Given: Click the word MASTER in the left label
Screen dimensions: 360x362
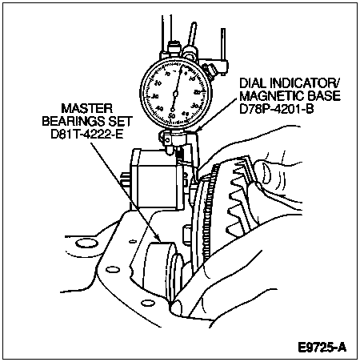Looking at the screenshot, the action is coord(87,109).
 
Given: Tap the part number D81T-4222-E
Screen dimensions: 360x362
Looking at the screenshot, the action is coord(87,134).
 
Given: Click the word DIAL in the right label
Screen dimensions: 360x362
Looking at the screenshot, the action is coord(253,83).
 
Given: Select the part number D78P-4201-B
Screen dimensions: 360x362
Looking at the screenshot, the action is coord(276,109).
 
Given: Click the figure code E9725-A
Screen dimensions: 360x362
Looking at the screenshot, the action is coord(322,348).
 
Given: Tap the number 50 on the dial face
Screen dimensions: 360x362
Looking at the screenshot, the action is coord(172,116).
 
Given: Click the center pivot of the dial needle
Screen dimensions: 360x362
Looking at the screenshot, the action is coord(175,93).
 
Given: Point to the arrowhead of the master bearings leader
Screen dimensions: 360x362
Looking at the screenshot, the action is coord(159,240).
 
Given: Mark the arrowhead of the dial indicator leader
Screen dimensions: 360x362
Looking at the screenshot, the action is coord(197,130).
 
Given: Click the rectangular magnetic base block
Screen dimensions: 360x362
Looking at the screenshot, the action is coord(157,179).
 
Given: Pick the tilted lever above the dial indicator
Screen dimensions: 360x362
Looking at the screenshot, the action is coord(192,34).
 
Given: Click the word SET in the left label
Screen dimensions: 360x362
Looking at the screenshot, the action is coord(120,122).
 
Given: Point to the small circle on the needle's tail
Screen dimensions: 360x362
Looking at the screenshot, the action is coord(173,110).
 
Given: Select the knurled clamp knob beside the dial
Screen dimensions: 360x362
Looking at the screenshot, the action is coord(210,71).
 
